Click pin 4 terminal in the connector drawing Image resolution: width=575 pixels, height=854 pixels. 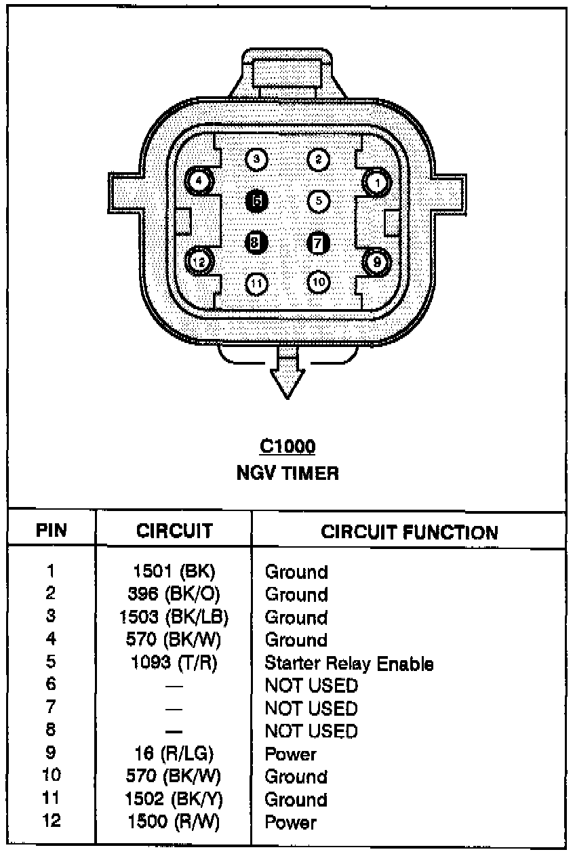[x=199, y=181]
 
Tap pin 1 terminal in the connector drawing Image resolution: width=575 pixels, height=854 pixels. [x=376, y=182]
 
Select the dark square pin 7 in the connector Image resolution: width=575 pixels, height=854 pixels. [x=318, y=243]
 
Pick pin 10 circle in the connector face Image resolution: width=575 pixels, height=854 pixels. [x=318, y=281]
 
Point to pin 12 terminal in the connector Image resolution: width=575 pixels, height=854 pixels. [x=199, y=260]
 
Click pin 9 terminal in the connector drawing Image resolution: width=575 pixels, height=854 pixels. [x=376, y=260]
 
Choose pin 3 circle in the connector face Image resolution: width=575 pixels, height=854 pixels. [x=256, y=160]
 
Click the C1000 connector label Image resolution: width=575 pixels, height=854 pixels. [x=287, y=447]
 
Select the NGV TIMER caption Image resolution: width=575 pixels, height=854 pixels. [x=287, y=472]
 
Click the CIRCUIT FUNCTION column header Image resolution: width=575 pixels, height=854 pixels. [x=409, y=532]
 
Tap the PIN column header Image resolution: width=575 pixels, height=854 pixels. [x=52, y=531]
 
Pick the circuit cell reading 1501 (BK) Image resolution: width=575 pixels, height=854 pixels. [x=174, y=571]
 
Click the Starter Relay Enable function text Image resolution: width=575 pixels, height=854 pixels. [x=349, y=663]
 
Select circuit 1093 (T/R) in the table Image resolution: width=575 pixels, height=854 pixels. [x=174, y=663]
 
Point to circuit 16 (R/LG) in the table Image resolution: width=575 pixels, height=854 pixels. [x=174, y=754]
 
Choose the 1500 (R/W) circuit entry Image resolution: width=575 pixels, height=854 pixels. [x=174, y=822]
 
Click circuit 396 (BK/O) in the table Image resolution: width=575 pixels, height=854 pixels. [x=174, y=594]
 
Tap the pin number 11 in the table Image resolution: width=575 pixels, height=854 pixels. [x=52, y=799]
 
